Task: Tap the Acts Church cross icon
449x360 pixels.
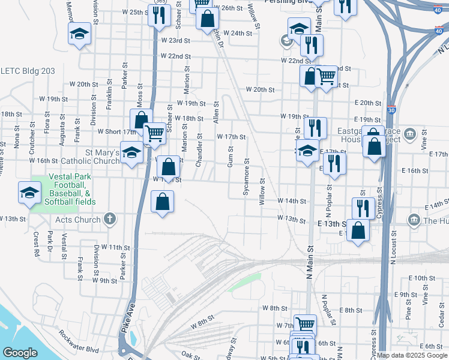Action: (109, 219)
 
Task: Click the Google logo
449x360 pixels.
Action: (20, 353)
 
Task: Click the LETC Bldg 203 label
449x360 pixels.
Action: (28, 71)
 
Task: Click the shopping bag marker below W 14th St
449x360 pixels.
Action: (162, 203)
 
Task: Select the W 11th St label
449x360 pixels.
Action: (115, 247)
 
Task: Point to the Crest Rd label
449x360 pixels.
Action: (37, 245)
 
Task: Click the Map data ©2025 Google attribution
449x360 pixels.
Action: (412, 355)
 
